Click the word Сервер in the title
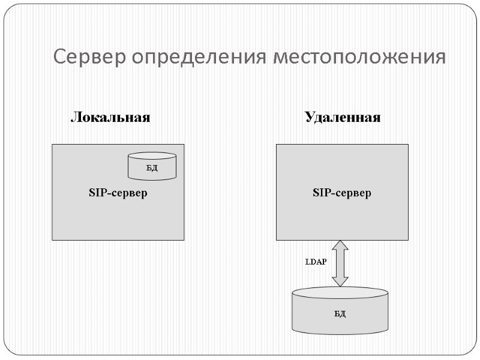89,58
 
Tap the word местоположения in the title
359,58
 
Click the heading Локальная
110,117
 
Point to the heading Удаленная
343,117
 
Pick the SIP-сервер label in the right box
342,193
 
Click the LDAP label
316,262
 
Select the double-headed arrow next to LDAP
340,263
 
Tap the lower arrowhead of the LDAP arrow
340,280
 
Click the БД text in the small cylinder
152,168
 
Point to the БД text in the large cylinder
340,314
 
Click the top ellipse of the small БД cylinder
152,155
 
